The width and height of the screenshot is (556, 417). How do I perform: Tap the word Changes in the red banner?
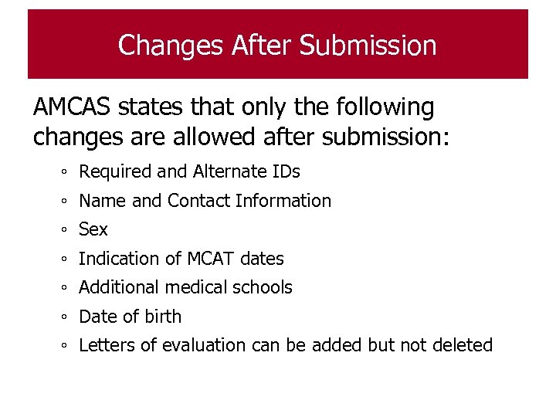(x=171, y=46)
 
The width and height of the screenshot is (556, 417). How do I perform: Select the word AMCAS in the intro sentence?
(x=72, y=107)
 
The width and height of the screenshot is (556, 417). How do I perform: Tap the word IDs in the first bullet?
(x=286, y=171)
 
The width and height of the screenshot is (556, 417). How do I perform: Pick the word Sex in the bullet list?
(x=93, y=229)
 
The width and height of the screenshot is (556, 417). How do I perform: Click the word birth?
(x=162, y=317)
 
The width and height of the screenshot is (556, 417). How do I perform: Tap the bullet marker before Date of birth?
(x=67, y=317)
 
